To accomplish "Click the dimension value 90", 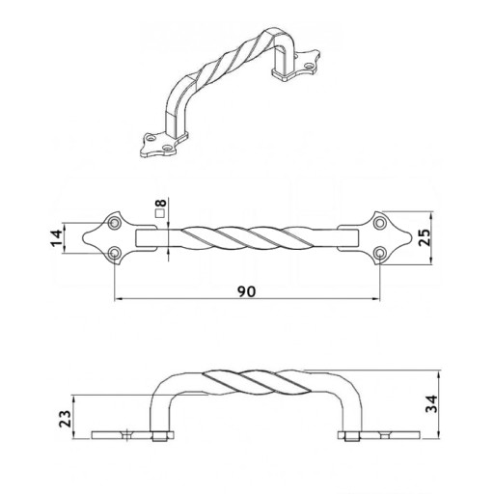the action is pos(247,291).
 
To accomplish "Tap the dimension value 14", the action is pos(57,238).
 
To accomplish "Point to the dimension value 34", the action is pos(431,403).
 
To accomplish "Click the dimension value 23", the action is pos(66,419).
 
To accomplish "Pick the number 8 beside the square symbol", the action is pos(160,203).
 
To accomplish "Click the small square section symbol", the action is pos(160,213).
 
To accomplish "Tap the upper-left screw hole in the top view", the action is pos(114,223).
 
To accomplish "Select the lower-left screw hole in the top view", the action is pos(114,253).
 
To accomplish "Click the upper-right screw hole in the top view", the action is pos(380,223).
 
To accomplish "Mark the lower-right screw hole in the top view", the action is pos(380,253).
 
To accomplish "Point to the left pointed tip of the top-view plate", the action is pos(83,238).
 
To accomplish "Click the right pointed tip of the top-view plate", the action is pos(411,238).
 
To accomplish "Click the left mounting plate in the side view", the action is pos(132,435).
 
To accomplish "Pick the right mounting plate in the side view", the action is pos(378,435).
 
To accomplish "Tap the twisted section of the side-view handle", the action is pos(258,382).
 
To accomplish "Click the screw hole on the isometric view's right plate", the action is pos(310,66).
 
